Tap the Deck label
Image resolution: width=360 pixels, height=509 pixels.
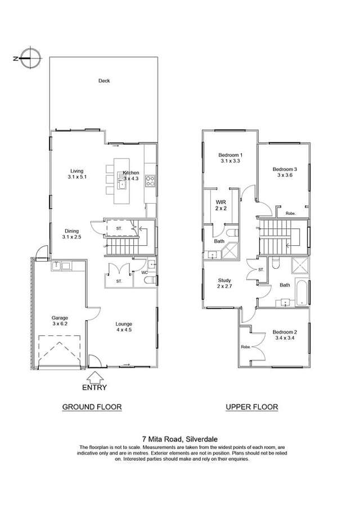tap(104, 80)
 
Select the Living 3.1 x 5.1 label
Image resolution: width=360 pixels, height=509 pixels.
tap(76, 174)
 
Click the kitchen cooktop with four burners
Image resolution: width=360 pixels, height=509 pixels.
tap(150, 181)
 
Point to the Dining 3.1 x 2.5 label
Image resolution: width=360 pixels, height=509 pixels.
tap(71, 234)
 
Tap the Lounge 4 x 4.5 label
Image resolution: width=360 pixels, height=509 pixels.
tap(124, 327)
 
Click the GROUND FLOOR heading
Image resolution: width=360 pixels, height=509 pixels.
tap(92, 407)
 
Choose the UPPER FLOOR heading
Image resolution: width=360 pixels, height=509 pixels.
tap(251, 407)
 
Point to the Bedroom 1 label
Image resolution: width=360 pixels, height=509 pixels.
tap(230, 158)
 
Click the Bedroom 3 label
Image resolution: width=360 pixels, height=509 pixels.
tap(285, 172)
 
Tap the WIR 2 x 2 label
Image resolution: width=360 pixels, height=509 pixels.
tap(220, 205)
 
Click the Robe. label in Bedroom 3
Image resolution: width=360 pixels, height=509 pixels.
tap(291, 213)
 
